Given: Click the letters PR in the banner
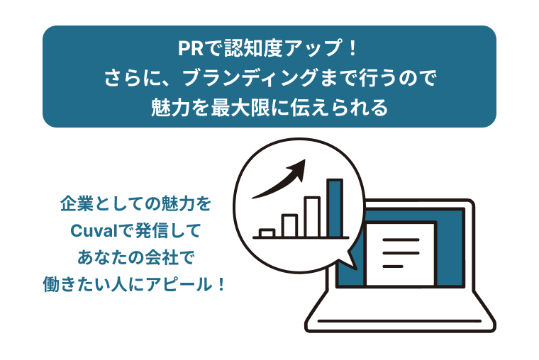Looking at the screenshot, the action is click(191, 48).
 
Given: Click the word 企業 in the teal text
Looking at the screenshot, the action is click(75, 204).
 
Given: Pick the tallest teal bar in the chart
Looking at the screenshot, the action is click(335, 208).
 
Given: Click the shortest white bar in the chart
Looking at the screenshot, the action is click(267, 233).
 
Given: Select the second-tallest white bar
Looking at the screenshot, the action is click(312, 217).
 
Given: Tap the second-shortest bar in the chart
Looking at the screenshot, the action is click(289, 226).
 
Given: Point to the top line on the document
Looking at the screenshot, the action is click(401, 240).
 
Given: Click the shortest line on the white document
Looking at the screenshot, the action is click(393, 266).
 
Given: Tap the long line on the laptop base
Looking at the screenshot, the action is click(399, 321).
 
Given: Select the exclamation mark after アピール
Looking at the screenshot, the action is click(221, 284).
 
